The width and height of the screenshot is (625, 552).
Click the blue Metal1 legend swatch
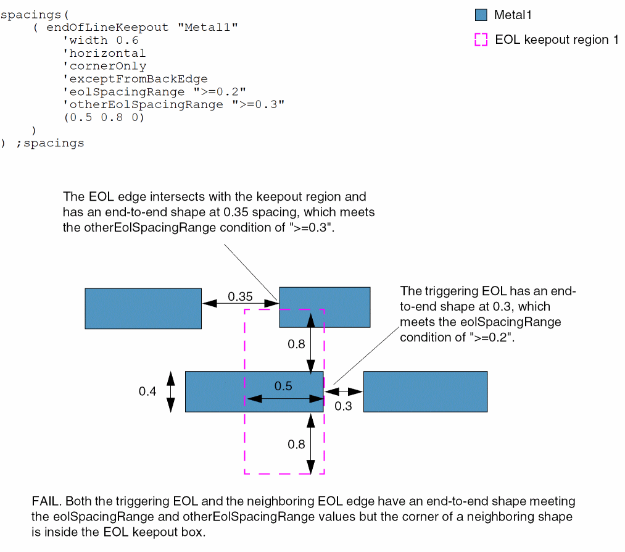[x=482, y=15]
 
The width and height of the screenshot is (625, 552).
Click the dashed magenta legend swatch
[x=482, y=40]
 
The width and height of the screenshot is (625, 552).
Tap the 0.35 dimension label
[x=240, y=296]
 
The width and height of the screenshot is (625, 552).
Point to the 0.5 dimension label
[x=284, y=387]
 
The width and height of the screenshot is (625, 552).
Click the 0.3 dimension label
[x=343, y=406]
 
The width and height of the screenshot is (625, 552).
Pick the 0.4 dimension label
[x=147, y=391]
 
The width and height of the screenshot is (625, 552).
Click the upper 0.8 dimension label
[x=297, y=345]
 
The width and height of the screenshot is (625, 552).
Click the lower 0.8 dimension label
[x=297, y=444]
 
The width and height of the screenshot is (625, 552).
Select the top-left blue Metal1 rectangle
[x=143, y=308]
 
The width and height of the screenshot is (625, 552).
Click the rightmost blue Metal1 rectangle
[x=425, y=391]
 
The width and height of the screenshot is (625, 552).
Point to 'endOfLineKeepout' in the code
[x=107, y=28]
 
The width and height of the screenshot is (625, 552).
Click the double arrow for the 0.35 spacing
[x=240, y=303]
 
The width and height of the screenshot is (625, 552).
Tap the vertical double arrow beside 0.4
[x=171, y=391]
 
